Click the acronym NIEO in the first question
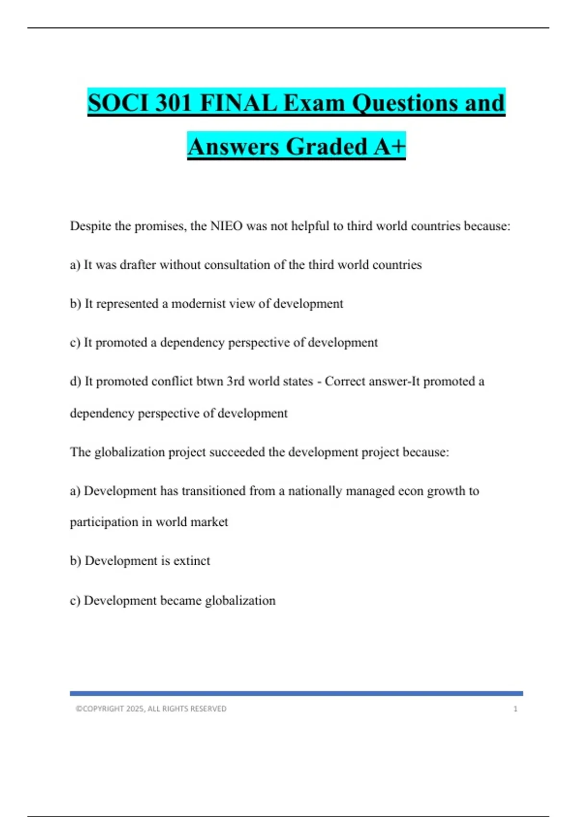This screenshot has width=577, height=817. (x=226, y=226)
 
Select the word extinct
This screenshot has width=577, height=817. (x=191, y=561)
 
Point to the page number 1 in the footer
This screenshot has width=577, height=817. (x=515, y=709)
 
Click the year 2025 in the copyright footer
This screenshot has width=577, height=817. (x=135, y=709)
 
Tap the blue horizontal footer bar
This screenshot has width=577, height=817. (x=296, y=693)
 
